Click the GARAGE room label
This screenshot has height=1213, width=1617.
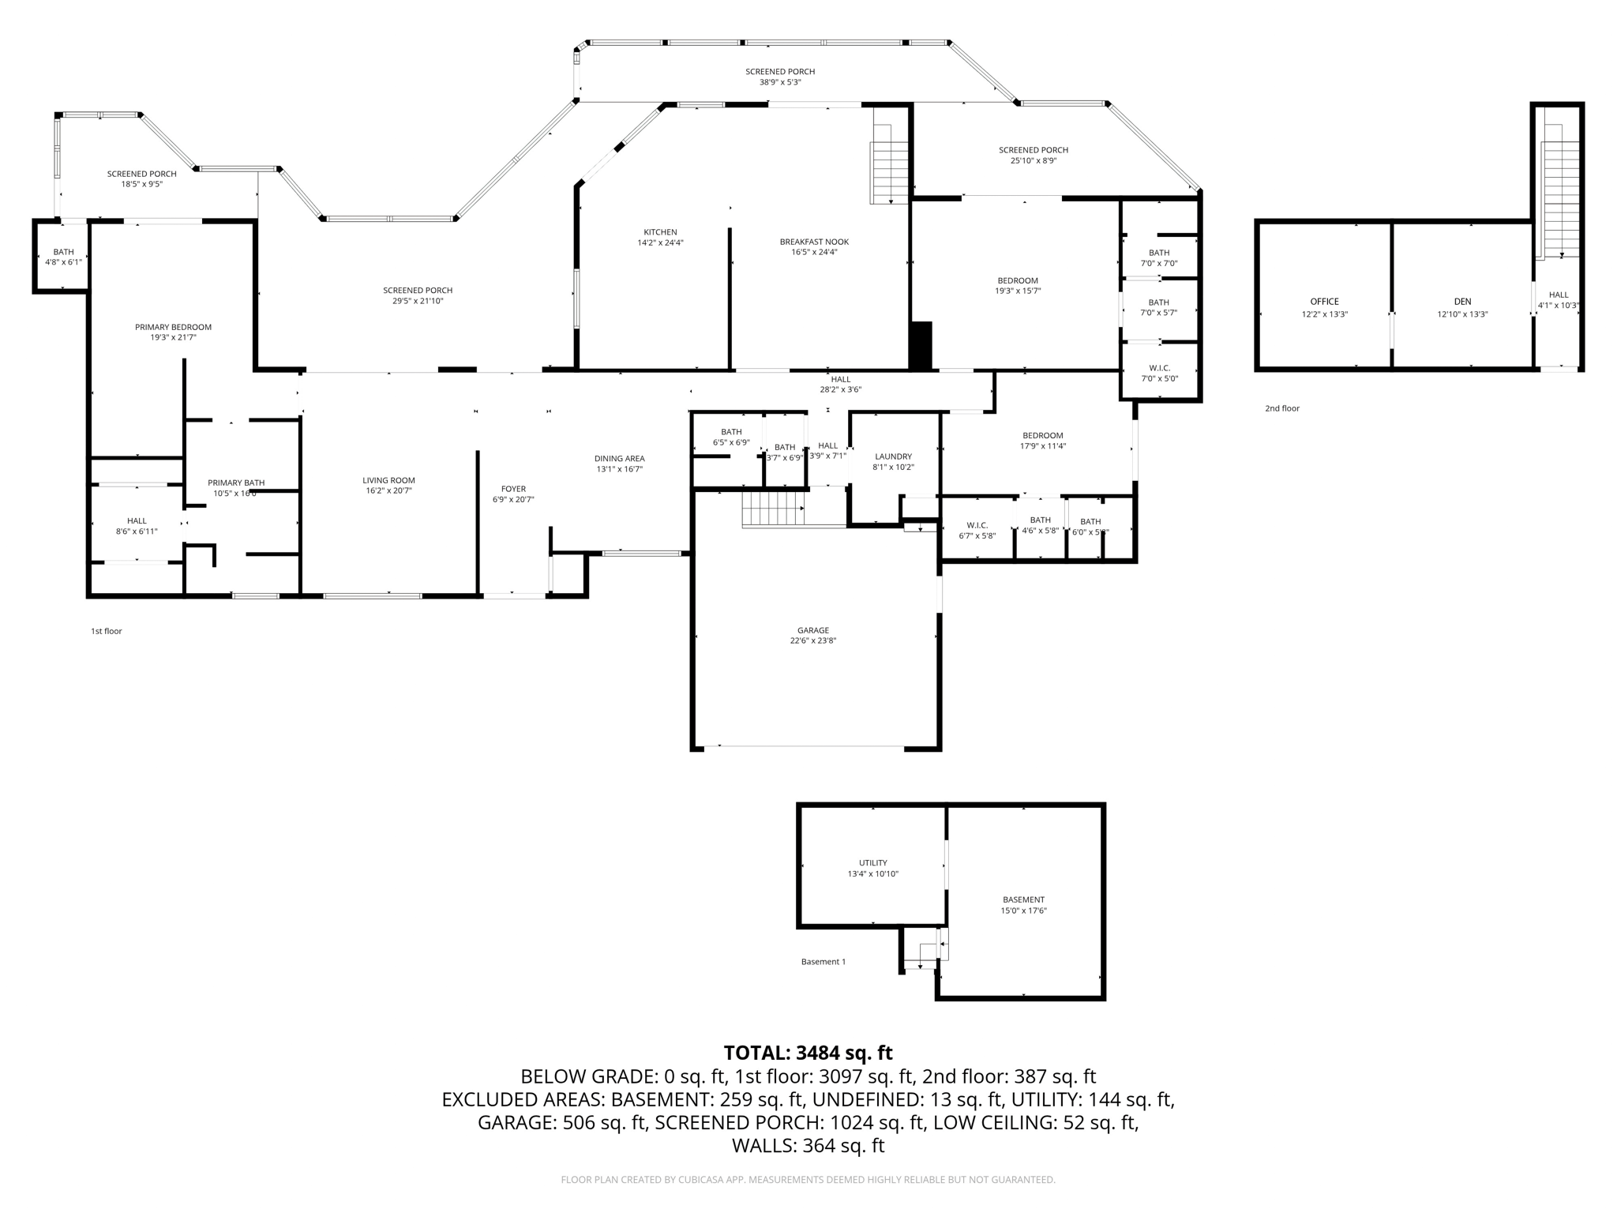click(x=812, y=630)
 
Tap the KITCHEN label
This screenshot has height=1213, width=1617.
click(x=660, y=232)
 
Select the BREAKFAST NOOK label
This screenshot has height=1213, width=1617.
click(x=814, y=242)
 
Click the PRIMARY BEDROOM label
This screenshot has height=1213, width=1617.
click(x=173, y=327)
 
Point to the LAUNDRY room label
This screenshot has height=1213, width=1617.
click(x=893, y=456)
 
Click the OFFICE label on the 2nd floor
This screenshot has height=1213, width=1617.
click(x=1324, y=302)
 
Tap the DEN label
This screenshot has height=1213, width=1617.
click(x=1462, y=302)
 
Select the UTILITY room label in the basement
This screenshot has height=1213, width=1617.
click(x=872, y=863)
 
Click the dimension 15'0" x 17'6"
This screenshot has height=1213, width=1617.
click(x=1023, y=911)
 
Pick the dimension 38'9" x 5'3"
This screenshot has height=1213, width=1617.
click(x=780, y=82)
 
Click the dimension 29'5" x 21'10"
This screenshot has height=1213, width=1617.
click(x=418, y=301)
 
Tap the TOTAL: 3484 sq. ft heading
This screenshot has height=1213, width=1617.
click(x=808, y=1053)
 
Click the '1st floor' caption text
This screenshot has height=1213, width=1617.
click(x=107, y=631)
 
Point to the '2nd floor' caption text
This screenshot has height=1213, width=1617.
click(x=1281, y=408)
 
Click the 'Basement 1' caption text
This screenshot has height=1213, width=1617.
click(x=823, y=962)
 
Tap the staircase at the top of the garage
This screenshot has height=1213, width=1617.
click(x=773, y=508)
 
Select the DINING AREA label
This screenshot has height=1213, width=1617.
click(x=619, y=458)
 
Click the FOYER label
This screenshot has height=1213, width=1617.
click(x=513, y=489)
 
